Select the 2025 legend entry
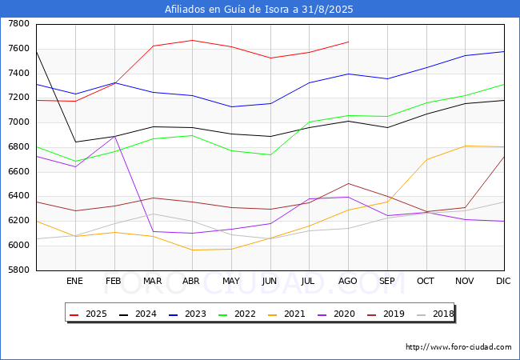(88, 314)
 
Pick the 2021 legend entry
(286, 314)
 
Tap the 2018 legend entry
(434, 314)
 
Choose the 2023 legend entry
(187, 314)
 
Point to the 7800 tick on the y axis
(19, 24)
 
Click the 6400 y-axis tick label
(19, 196)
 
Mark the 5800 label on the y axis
(19, 270)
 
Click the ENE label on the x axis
(74, 281)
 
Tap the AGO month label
(347, 281)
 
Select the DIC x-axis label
(503, 281)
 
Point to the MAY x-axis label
(231, 281)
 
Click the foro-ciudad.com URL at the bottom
(458, 346)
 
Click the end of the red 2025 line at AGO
(348, 42)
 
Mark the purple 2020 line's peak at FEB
(114, 137)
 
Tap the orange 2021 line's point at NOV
(466, 146)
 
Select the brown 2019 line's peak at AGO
(348, 184)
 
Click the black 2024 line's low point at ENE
(76, 142)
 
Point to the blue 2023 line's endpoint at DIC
(504, 51)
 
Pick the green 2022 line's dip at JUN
(270, 155)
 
